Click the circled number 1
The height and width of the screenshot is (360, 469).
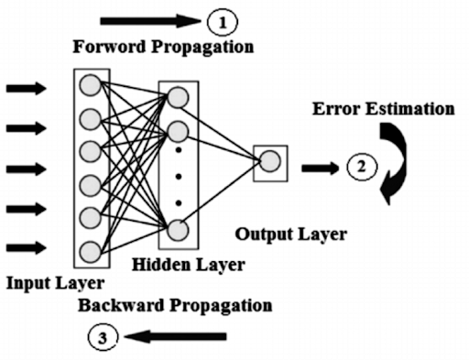pos(222,19)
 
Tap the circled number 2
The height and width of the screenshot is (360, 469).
pos(361,167)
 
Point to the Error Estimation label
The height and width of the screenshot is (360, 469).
pos(383,109)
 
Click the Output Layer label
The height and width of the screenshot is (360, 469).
pos(291,235)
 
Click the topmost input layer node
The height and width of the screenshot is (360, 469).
pos(90,86)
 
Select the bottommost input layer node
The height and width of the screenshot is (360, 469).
pos(90,250)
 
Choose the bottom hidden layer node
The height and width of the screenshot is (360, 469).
pos(179,229)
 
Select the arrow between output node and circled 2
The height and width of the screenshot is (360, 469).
pos(320,168)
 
